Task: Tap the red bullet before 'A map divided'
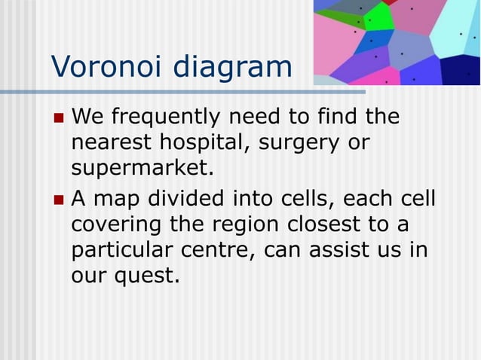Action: click(59, 201)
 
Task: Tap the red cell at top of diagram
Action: click(389, 2)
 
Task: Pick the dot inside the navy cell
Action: click(469, 74)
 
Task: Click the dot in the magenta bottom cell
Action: click(386, 81)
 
